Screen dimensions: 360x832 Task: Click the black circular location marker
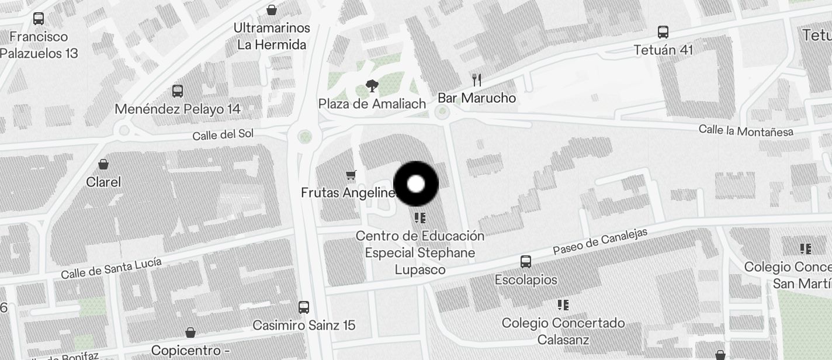pos(415,184)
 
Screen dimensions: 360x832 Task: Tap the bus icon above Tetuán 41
pos(663,32)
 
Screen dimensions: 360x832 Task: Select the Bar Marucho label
pos(477,98)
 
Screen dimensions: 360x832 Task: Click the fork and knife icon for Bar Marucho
pos(477,80)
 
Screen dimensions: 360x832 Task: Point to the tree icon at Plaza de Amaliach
pos(371,86)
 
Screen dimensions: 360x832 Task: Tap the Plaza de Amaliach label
pos(372,104)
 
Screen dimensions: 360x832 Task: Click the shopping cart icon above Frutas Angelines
pos(351,175)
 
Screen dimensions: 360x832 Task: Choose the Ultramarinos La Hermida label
pos(272,36)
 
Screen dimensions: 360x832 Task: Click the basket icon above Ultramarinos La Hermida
pos(272,10)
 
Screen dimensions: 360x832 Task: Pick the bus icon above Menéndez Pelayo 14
pos(178,91)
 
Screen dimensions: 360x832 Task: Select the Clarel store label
pos(103,182)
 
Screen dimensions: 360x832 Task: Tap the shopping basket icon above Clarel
pos(103,164)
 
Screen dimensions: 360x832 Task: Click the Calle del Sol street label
pos(223,134)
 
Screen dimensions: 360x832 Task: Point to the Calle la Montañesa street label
pos(746,130)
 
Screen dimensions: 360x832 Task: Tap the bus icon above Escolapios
pos(526,262)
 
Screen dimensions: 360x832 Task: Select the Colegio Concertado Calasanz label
pos(563,331)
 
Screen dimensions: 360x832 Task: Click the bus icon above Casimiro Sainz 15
pos(304,307)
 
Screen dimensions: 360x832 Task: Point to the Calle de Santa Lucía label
pos(111,268)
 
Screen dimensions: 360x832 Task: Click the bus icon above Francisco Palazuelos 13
pos(39,19)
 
